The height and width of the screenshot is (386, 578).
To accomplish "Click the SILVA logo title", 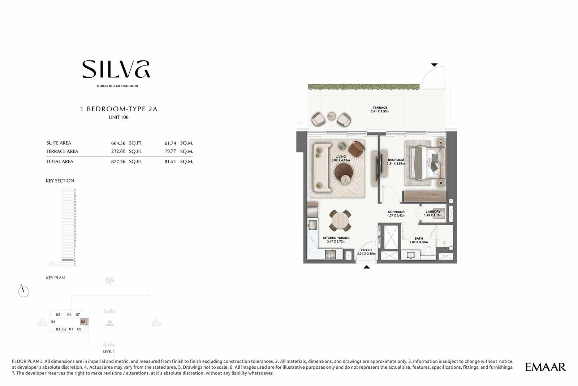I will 116,69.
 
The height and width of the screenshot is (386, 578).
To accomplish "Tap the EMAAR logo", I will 545,367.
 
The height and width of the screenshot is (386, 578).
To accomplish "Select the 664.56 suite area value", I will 118,143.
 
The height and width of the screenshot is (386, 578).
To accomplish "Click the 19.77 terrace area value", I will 170,151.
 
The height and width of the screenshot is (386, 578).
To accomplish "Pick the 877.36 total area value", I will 118,162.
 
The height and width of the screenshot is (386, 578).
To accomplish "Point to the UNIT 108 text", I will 118,117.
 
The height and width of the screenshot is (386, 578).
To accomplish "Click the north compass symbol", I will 23,291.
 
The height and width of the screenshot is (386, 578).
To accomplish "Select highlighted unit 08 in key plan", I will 83,322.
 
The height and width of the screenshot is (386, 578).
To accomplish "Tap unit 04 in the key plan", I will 53,322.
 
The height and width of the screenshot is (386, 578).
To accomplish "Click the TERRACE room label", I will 380,108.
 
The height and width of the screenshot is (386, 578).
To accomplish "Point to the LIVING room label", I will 340,156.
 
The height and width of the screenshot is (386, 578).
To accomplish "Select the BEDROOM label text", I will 396,160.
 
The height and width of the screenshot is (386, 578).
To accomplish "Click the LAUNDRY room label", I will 433,212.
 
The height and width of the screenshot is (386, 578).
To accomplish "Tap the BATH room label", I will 418,239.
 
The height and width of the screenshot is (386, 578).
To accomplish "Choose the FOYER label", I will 366,250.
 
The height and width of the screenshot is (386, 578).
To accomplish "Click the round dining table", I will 340,220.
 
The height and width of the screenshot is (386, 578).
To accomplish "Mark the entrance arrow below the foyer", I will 367,267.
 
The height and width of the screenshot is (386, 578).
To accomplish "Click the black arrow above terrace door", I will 434,65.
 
